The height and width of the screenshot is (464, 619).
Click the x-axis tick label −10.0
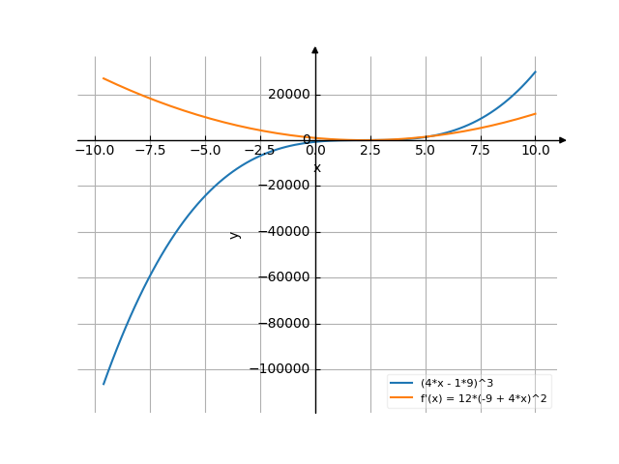pos(95,150)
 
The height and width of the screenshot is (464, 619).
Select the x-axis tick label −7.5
pos(150,150)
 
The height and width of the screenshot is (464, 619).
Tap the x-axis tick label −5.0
pos(205,150)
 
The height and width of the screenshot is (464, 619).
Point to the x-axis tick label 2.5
pos(370,150)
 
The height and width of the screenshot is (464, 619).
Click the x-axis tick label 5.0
pos(426,150)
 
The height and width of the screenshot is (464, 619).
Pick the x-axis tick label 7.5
pos(481,150)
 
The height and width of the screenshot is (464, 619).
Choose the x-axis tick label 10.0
pos(535,150)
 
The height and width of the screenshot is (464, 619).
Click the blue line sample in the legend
pos(402,384)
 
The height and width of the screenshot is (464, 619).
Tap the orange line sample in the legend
pos(402,397)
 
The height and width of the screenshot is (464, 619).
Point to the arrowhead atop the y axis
pos(315,49)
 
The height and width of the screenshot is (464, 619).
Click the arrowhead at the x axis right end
pos(562,140)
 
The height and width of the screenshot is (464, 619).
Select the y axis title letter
pos(234,234)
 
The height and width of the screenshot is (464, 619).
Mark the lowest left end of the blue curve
pos(103,384)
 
